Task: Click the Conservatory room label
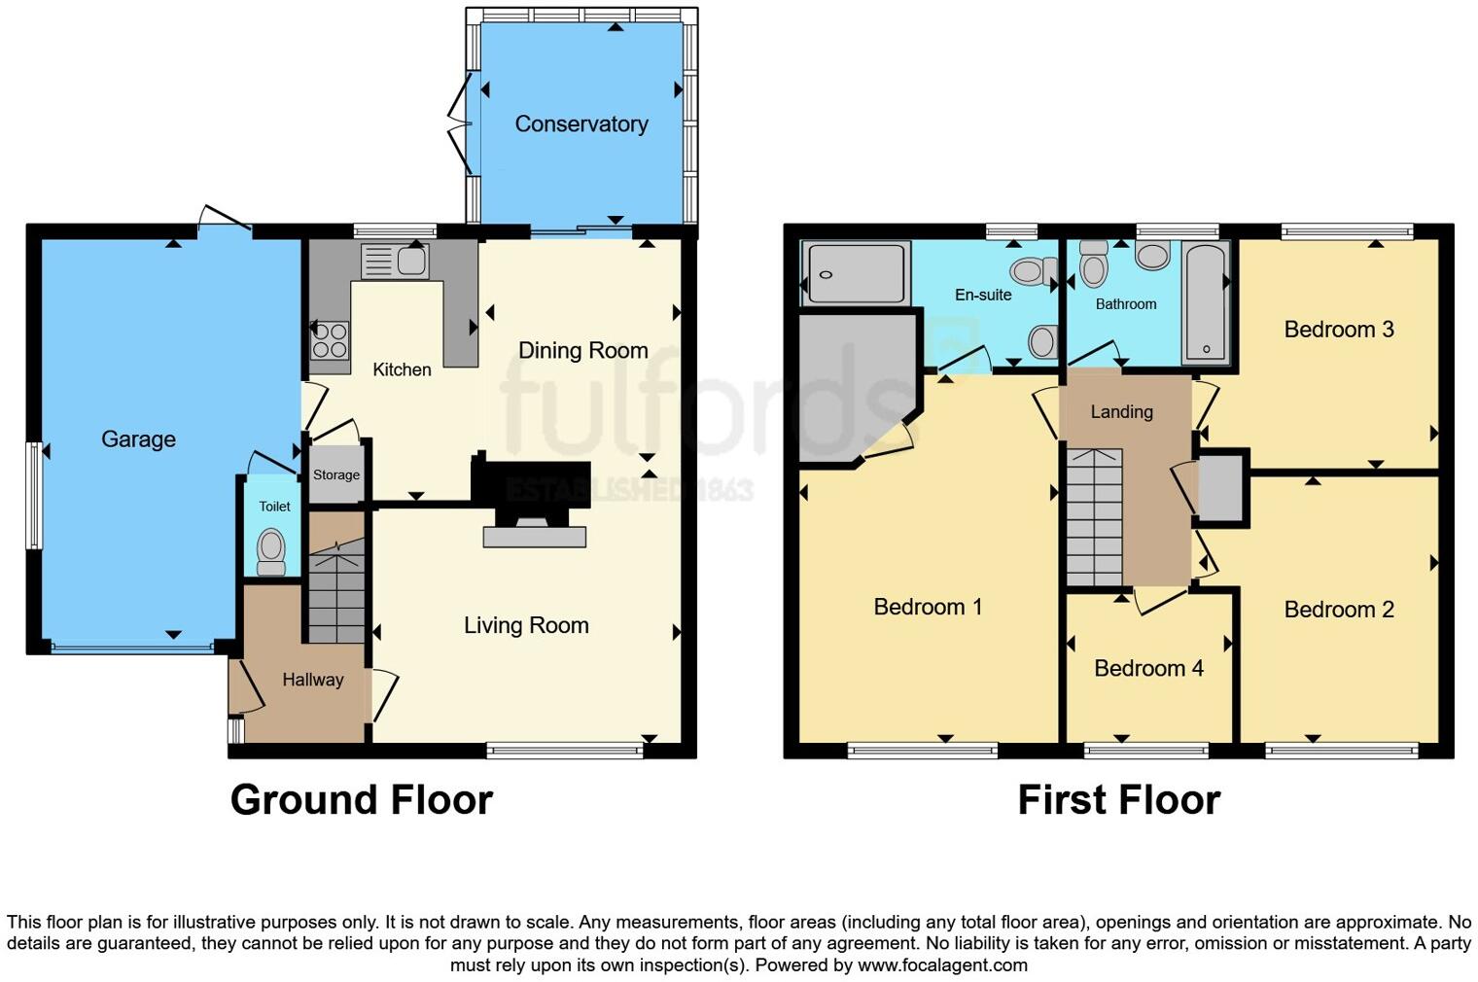tap(581, 123)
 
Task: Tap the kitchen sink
tap(395, 261)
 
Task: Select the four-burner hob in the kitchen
tap(330, 340)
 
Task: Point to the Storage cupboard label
tap(336, 474)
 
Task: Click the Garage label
tap(138, 438)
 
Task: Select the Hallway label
tap(312, 680)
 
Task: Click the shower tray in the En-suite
tap(855, 274)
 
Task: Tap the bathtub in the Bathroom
tap(1206, 302)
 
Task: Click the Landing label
tap(1121, 411)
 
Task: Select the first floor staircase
tap(1094, 517)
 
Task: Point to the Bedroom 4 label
tap(1148, 668)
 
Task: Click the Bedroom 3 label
tap(1338, 329)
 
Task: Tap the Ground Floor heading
tap(361, 799)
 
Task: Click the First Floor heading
tap(1118, 799)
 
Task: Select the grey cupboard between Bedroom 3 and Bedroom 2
tap(1221, 489)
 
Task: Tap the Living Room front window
tap(565, 750)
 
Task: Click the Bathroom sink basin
tap(1152, 257)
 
